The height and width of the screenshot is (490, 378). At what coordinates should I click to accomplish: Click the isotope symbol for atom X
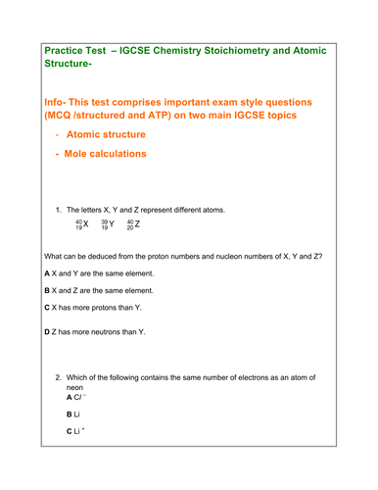pos(81,223)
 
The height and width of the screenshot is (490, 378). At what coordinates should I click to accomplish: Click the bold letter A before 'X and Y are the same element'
pos(47,272)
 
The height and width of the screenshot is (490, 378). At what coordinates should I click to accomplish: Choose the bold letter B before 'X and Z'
pos(47,291)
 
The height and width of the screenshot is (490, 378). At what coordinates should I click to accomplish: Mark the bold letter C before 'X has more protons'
pos(47,309)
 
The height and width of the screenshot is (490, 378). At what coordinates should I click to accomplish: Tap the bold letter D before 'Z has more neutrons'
pos(47,333)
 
